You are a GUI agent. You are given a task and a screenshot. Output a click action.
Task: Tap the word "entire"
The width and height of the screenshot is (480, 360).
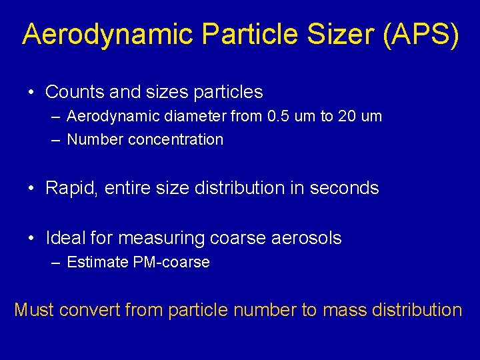click(129, 189)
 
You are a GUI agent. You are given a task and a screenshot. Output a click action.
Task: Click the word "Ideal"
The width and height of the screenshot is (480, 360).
click(67, 238)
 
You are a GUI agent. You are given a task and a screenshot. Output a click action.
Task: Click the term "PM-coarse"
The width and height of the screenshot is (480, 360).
click(171, 263)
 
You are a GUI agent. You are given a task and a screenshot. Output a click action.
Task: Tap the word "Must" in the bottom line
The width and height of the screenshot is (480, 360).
click(34, 310)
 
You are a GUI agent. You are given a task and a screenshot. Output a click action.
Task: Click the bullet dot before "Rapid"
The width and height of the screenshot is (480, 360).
click(32, 189)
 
